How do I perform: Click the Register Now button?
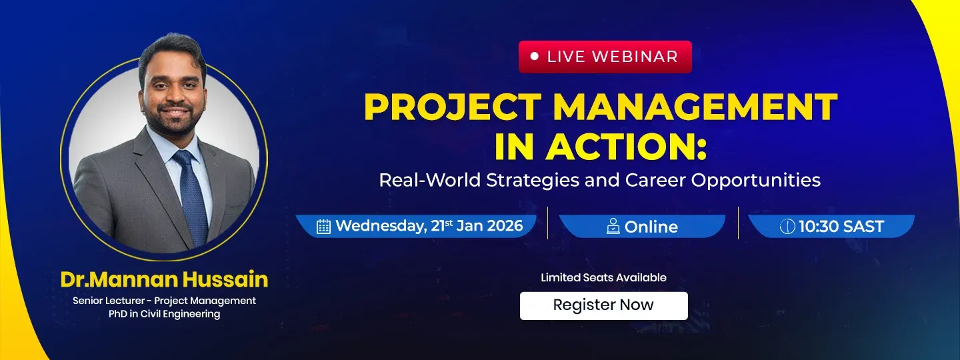603,305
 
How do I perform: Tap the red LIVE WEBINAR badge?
605,57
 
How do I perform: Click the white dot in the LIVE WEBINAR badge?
534,56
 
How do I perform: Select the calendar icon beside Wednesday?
323,226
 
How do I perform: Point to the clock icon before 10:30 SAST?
787,226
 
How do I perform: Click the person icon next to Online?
613,226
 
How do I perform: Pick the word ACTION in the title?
617,147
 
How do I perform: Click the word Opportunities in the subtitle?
755,181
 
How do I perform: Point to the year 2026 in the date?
505,226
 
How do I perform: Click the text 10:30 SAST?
841,226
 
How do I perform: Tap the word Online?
651,227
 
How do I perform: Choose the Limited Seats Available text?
603,278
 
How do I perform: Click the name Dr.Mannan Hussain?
164,279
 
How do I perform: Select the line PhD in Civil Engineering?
164,314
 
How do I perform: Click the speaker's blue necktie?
191,197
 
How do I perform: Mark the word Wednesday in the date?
381,226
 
